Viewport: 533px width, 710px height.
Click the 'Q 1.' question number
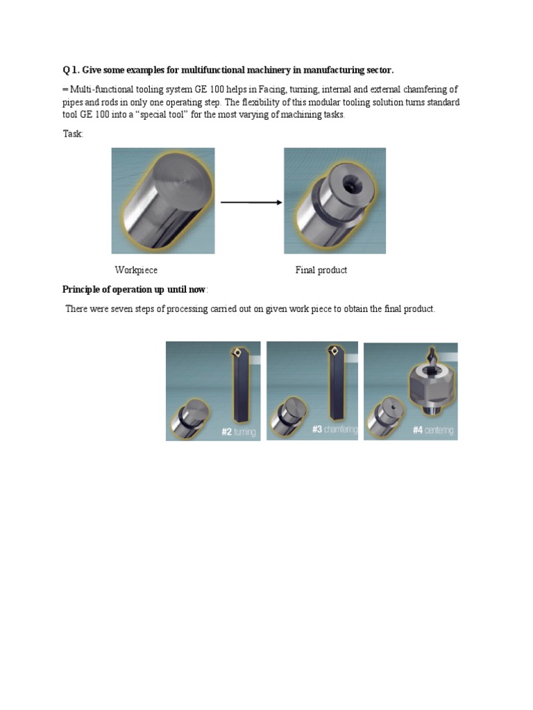[71, 70]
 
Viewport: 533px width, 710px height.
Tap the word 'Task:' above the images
[73, 134]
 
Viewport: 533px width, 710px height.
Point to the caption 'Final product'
[321, 270]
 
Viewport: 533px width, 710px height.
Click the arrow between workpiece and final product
[251, 202]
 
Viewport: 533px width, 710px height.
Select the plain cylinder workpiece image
[162, 200]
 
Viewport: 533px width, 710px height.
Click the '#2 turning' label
[238, 432]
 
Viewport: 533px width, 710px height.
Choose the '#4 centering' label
[433, 431]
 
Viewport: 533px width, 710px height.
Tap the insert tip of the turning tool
[238, 352]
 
